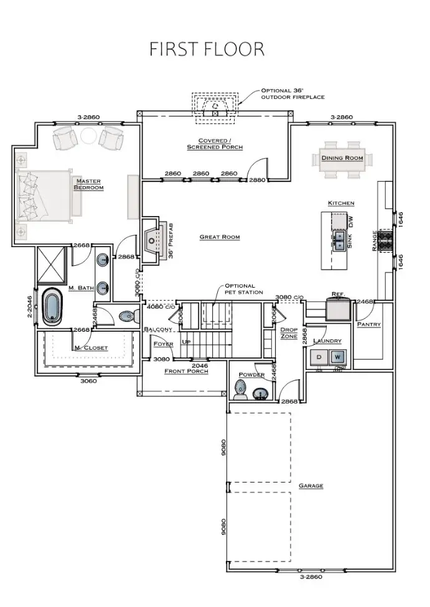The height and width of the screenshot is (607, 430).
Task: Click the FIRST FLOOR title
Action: coord(207,49)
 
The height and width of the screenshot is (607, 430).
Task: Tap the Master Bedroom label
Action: coord(88,184)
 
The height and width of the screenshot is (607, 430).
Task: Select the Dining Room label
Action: coord(342,158)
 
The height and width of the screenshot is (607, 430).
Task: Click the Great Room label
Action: coord(219,237)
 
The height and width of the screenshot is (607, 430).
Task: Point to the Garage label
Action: coord(311,486)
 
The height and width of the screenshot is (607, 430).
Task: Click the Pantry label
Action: coord(368,324)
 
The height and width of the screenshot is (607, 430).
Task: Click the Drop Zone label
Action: coord(289,332)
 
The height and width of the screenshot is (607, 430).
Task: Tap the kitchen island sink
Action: coord(340,240)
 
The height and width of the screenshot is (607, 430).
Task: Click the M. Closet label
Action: coord(90,347)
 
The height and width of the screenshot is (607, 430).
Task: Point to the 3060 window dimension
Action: coord(86,381)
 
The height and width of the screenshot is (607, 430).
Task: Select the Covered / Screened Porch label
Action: coord(215,144)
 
